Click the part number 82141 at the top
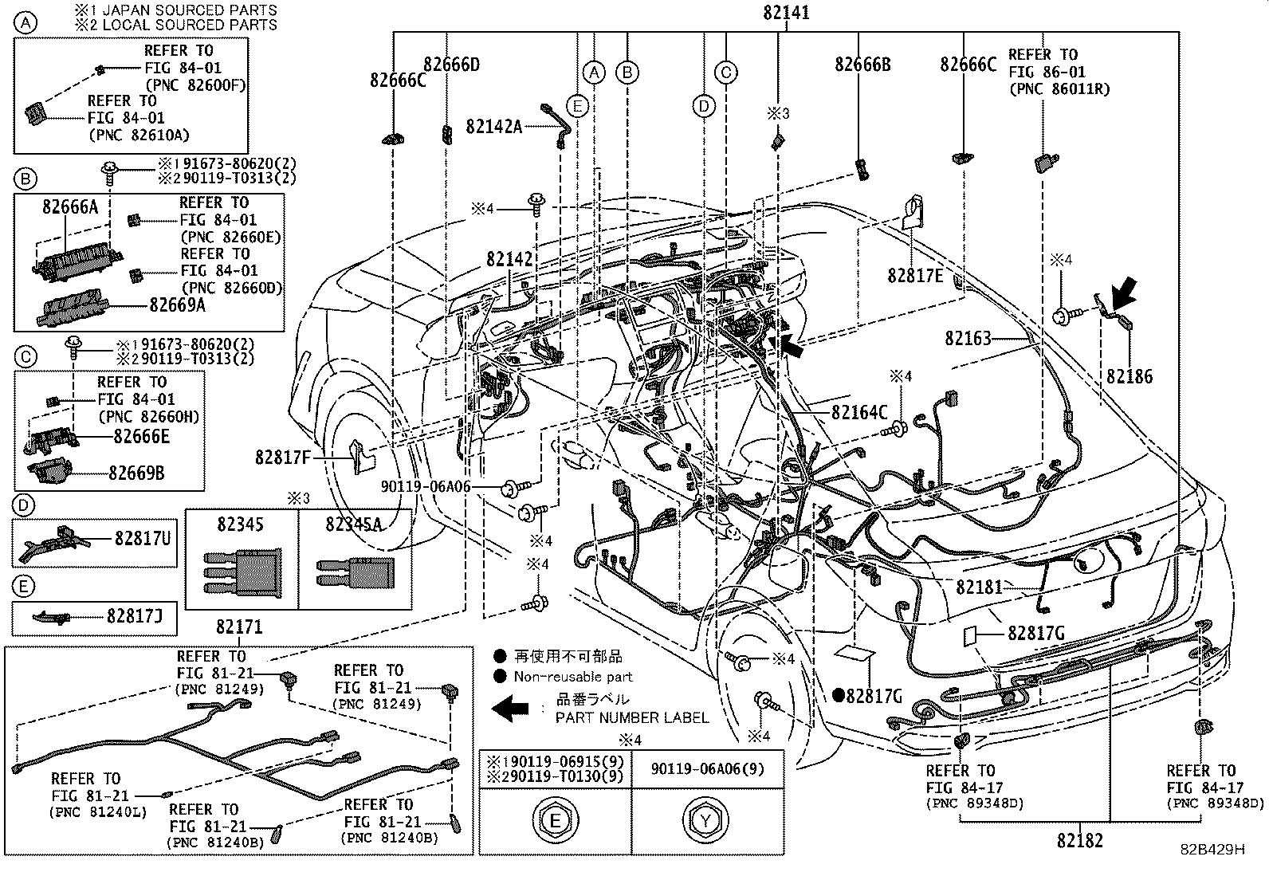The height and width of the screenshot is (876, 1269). (786, 13)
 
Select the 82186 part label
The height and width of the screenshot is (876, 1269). (1129, 376)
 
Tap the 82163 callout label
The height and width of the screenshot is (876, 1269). (968, 339)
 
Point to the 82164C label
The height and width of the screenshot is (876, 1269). (858, 413)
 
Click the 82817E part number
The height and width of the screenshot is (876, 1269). (915, 276)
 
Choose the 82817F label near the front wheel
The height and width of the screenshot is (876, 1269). (283, 458)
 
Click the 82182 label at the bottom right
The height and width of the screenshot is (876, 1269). (1080, 841)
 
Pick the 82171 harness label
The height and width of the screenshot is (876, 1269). (239, 627)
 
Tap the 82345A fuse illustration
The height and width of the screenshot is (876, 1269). (356, 572)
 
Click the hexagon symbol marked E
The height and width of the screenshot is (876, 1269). (555, 821)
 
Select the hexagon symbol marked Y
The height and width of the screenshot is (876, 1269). (705, 821)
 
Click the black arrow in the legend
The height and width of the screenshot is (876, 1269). (510, 709)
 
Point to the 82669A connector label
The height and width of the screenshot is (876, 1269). (177, 305)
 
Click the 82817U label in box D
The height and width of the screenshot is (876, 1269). (142, 538)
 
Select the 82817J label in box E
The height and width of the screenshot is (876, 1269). (135, 616)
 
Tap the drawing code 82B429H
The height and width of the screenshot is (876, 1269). (1213, 849)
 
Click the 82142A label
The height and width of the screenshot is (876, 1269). (493, 127)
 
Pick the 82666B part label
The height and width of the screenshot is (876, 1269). (862, 65)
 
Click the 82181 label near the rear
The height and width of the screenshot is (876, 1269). (979, 587)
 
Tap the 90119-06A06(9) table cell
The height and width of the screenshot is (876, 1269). (708, 769)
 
